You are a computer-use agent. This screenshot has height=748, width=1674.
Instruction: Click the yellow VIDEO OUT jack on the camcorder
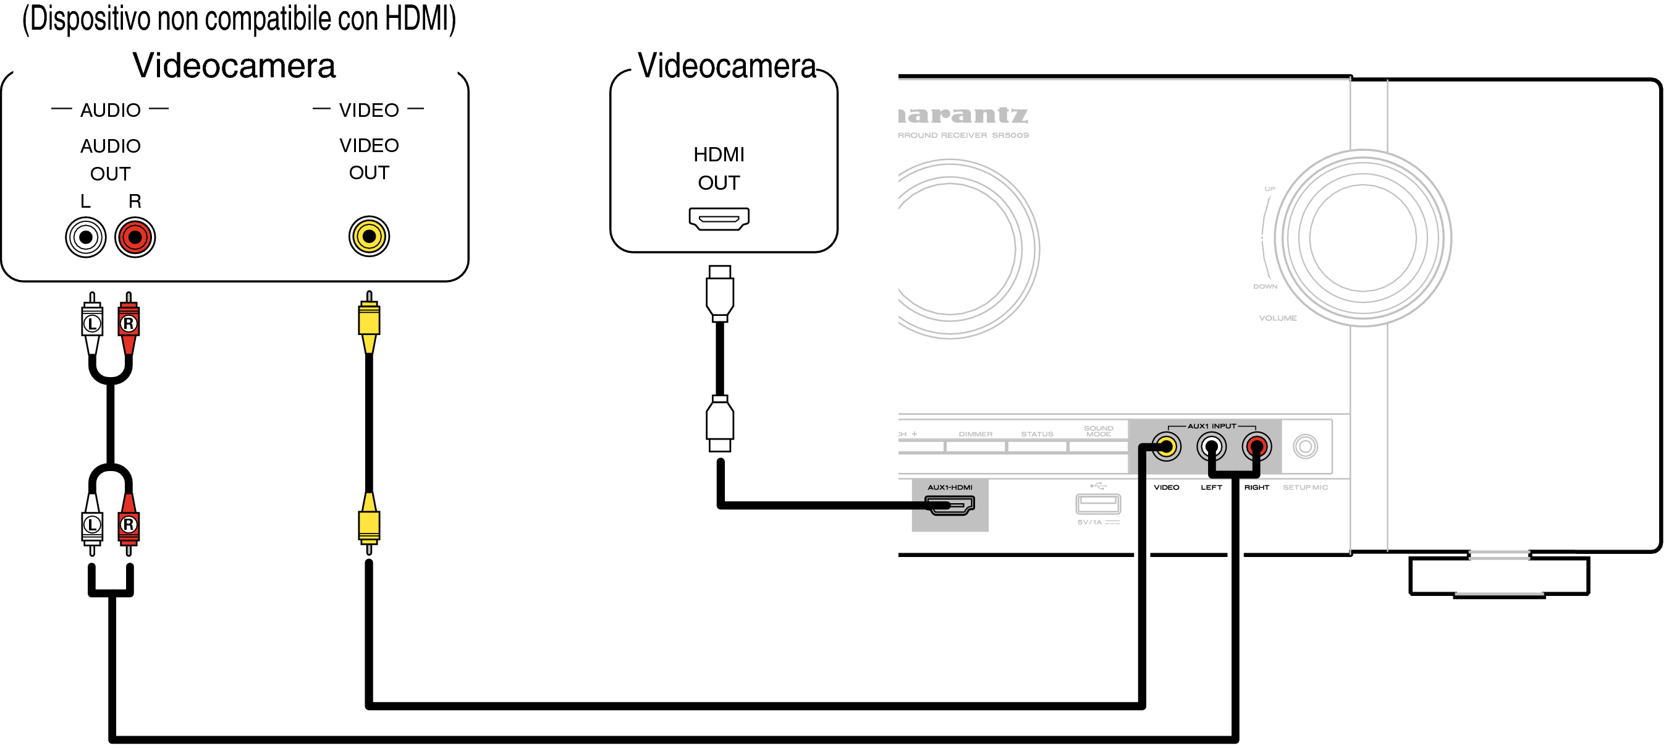click(369, 236)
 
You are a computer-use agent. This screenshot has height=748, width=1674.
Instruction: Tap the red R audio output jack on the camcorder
click(135, 237)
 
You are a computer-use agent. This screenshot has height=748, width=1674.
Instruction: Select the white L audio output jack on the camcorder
click(86, 237)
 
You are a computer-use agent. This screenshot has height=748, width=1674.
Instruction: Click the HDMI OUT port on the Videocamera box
click(719, 218)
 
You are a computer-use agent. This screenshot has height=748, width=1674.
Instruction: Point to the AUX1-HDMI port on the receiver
click(949, 504)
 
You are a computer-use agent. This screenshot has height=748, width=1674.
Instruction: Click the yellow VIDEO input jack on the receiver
click(1167, 446)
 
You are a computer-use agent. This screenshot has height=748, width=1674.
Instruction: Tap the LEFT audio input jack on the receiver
click(1211, 446)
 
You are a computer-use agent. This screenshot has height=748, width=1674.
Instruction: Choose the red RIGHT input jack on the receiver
click(1256, 446)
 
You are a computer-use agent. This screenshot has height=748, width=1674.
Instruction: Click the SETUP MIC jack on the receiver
click(1305, 446)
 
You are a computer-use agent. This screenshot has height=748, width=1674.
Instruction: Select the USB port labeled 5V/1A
click(1098, 504)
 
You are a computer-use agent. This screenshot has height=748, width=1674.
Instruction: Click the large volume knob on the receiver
click(1363, 238)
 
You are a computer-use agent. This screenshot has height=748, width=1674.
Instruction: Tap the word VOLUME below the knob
click(1278, 318)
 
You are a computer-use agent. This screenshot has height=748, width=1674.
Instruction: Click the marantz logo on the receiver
click(963, 115)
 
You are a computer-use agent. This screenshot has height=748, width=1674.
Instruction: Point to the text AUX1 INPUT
click(1212, 427)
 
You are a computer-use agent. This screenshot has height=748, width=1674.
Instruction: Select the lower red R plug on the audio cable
click(129, 524)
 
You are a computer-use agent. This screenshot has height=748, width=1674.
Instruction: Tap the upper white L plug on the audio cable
click(92, 323)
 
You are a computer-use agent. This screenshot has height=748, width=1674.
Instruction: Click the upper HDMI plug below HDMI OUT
click(719, 293)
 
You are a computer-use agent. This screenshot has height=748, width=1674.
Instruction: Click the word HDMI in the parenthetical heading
click(416, 18)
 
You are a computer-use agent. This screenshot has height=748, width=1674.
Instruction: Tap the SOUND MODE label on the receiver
click(1098, 431)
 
